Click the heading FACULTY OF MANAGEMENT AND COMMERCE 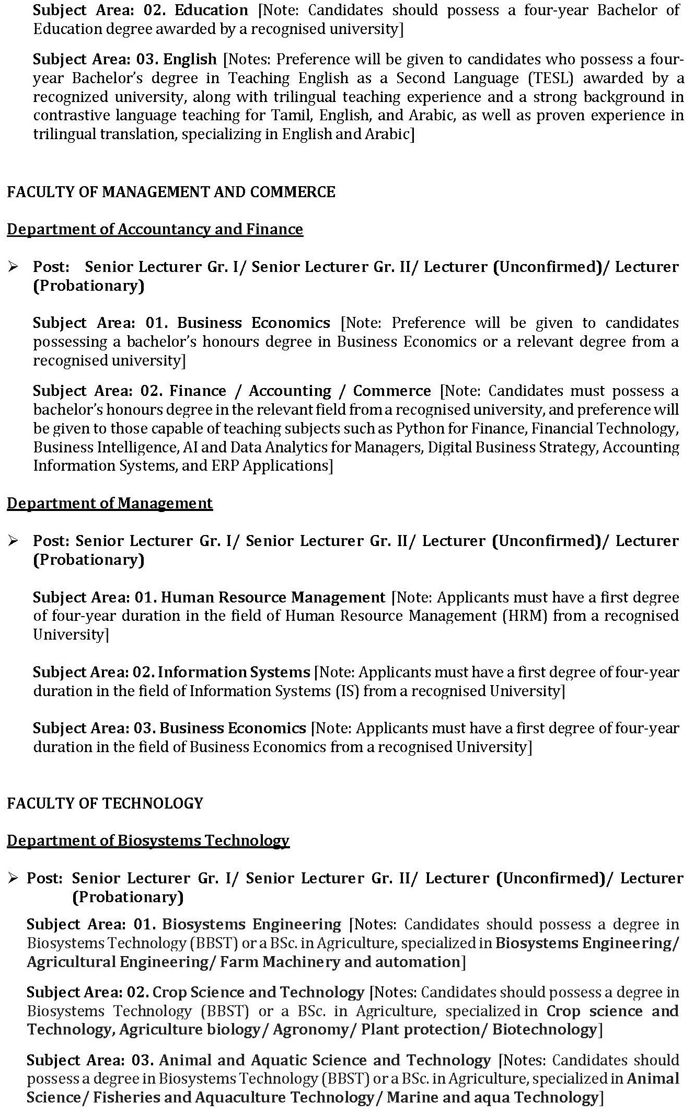click(171, 192)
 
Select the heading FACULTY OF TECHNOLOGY click(105, 803)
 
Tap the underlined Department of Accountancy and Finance click(155, 229)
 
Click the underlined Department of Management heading click(110, 503)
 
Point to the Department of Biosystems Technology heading click(148, 840)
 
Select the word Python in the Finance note click(415, 428)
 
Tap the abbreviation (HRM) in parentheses click(525, 616)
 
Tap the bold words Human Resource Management click(273, 597)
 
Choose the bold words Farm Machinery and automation click(340, 962)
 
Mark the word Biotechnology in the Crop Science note click(544, 1029)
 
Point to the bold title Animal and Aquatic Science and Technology click(325, 1060)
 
